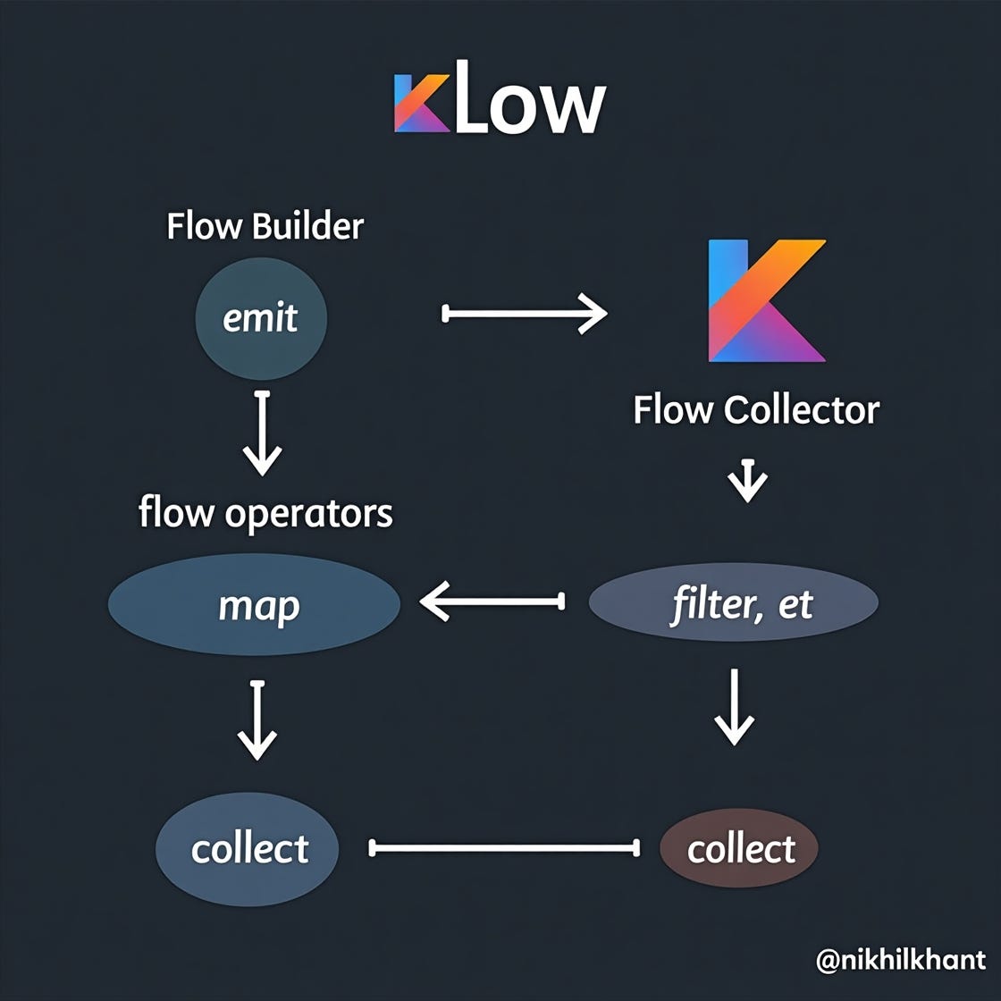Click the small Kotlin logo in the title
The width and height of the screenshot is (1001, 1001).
tap(422, 104)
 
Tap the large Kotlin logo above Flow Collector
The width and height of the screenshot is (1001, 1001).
tap(764, 301)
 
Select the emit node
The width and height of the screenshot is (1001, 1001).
tap(261, 318)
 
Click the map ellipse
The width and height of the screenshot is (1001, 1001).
tap(254, 605)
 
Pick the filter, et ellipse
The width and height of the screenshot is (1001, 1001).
tap(734, 603)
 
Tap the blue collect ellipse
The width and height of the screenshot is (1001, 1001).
tap(248, 848)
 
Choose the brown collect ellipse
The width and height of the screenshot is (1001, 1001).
tap(739, 848)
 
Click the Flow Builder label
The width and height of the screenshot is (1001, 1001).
tap(265, 226)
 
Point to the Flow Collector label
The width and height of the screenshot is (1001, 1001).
tap(756, 410)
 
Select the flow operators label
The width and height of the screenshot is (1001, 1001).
tap(265, 513)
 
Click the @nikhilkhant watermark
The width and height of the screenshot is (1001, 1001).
tap(900, 960)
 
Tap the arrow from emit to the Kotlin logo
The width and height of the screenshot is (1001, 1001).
tap(525, 313)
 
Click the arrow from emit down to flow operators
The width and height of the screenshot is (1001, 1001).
tap(262, 433)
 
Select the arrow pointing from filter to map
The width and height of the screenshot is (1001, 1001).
tap(492, 601)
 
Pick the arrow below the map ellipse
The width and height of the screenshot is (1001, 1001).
tap(257, 719)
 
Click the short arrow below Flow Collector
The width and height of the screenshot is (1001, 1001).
tap(748, 481)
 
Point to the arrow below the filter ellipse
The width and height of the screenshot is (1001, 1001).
tap(735, 706)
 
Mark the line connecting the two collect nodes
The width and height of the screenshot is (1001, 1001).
tap(505, 847)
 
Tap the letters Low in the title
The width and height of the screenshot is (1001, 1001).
tap(530, 105)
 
